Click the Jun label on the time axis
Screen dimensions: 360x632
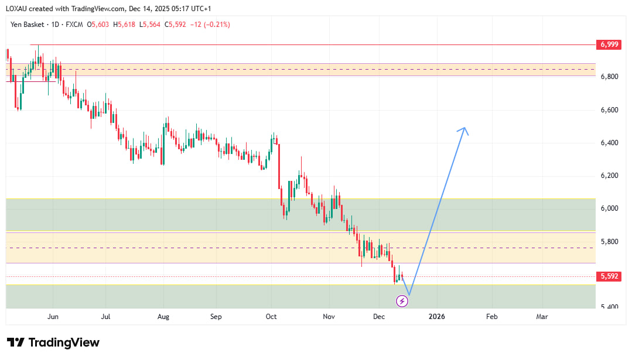[53, 317]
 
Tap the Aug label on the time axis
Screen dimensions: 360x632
[163, 317]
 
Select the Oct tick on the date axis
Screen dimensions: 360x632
[271, 317]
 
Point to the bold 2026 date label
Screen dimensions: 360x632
[436, 317]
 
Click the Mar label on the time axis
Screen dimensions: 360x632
[542, 317]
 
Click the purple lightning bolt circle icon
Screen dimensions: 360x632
[402, 301]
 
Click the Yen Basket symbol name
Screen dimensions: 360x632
[29, 25]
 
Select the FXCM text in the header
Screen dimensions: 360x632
[74, 25]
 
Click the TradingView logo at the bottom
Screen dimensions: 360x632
[53, 342]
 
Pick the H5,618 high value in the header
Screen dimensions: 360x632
[125, 25]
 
